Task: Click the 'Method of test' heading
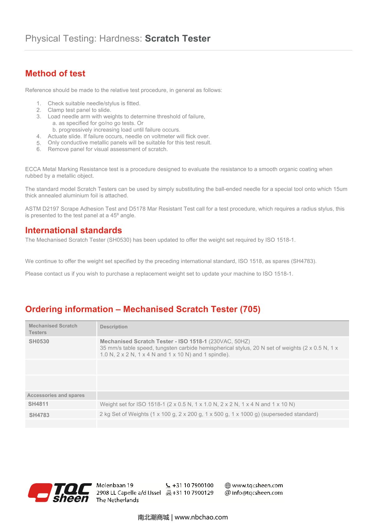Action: point(55,73)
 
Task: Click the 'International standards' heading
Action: point(74,230)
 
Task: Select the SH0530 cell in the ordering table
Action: point(39,341)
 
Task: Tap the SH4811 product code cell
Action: point(38,404)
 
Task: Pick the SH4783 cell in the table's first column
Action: point(39,415)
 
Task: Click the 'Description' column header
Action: point(114,327)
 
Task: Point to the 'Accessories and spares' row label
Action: point(56,395)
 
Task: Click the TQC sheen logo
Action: point(60,493)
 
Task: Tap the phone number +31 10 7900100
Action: point(193,485)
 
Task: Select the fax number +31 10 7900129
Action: point(193,493)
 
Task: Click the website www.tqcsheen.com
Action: point(257,485)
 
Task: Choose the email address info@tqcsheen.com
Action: point(257,493)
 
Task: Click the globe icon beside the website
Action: point(228,485)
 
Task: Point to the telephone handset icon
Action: point(168,485)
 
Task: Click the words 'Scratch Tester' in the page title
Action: point(178,39)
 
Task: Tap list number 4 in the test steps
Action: point(39,136)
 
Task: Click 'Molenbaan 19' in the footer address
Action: point(115,485)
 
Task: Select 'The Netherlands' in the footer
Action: point(117,500)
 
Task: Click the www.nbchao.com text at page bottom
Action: point(201,517)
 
